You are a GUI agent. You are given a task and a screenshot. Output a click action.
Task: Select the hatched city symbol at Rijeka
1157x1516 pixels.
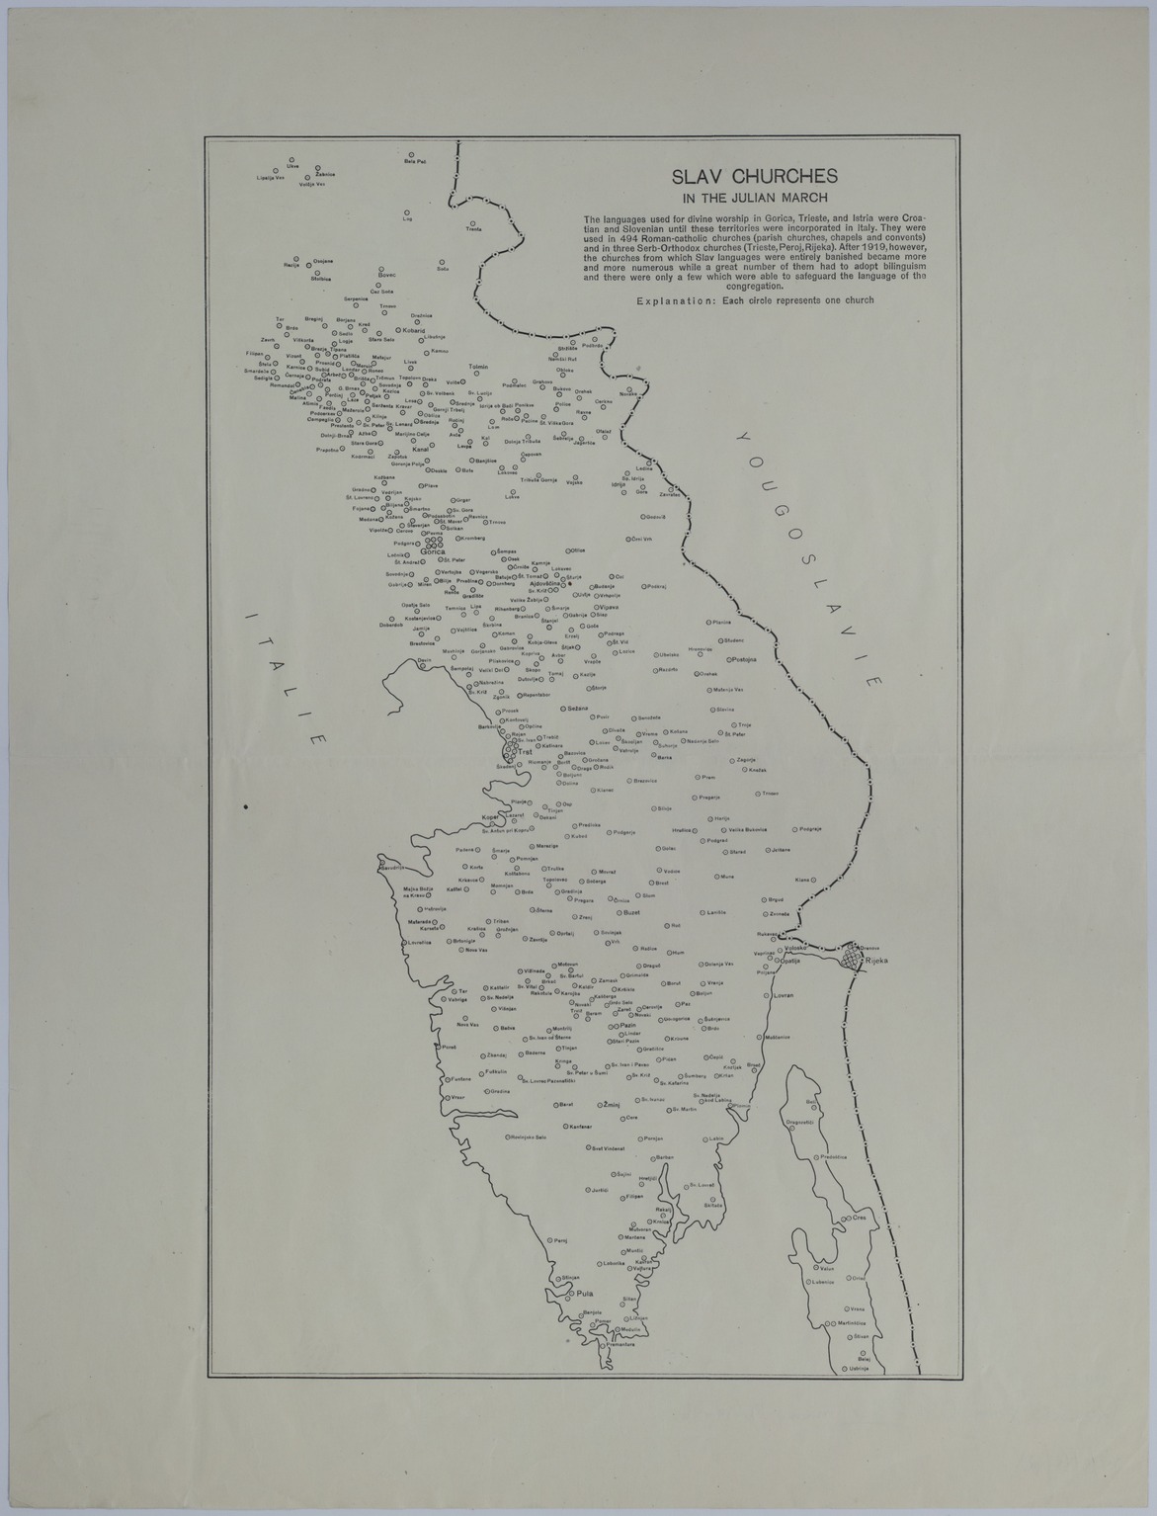(853, 958)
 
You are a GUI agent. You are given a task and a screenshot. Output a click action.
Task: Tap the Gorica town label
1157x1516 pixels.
(435, 551)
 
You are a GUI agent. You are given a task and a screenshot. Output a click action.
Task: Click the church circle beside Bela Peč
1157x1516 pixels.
(411, 154)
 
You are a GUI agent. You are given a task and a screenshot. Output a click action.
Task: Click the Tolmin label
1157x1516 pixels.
(478, 367)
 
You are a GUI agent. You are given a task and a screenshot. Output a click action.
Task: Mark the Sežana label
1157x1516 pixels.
(578, 709)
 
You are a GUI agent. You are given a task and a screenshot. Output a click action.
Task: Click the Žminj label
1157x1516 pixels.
(611, 1104)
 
